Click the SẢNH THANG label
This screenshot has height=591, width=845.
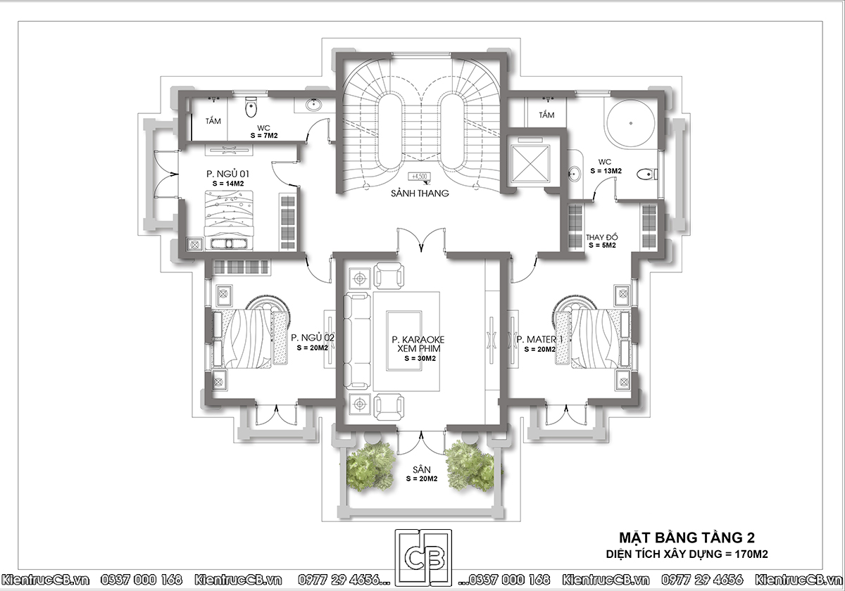click(x=420, y=193)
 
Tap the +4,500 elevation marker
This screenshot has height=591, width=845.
click(x=420, y=177)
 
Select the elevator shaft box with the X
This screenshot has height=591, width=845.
click(x=530, y=163)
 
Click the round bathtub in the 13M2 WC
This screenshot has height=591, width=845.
click(x=631, y=123)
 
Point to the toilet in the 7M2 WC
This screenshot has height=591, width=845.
click(x=251, y=106)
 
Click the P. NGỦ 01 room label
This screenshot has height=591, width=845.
click(x=227, y=174)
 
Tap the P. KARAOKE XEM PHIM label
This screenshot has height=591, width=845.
click(x=418, y=344)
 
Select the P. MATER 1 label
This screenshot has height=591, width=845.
click(x=539, y=339)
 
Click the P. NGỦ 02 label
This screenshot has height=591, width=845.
click(x=313, y=337)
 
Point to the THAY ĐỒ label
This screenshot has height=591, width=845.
click(x=601, y=238)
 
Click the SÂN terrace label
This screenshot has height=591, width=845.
click(x=421, y=470)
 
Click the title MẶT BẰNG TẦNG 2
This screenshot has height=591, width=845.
click(x=687, y=538)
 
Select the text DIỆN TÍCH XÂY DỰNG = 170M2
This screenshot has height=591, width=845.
click(x=687, y=554)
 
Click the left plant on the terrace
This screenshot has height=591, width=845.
click(x=371, y=466)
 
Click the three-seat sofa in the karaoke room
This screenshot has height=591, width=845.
click(x=357, y=341)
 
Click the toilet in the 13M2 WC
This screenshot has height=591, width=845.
click(x=647, y=174)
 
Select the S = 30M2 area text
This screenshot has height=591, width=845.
click(x=420, y=358)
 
